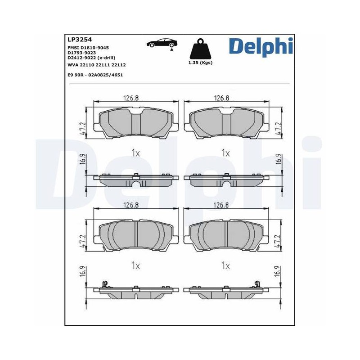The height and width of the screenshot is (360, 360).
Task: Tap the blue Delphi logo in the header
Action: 261,46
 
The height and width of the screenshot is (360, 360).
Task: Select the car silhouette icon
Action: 162,43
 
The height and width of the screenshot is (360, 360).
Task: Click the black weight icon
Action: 200,49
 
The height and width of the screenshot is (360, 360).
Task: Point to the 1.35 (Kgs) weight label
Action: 200,63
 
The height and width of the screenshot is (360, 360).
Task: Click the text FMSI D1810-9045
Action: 88,48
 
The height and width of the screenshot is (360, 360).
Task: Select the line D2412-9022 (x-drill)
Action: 91,58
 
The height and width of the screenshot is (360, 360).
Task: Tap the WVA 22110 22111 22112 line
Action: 97,65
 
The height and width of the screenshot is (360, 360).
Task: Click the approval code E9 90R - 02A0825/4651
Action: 95,75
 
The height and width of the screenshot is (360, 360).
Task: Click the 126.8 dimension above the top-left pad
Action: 131,98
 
